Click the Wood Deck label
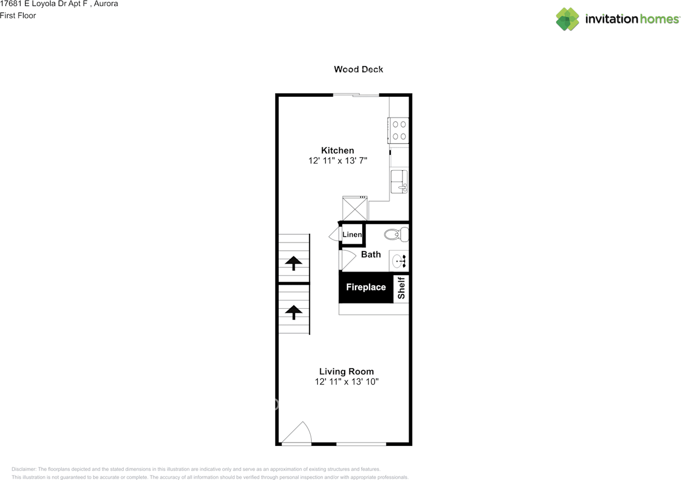pos(358,69)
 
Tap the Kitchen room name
pos(337,151)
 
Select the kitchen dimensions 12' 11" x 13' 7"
pos(337,161)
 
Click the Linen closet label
pos(352,235)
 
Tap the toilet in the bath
pos(396,234)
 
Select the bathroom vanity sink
pos(398,261)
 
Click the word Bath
pos(371,254)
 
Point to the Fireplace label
pos(366,287)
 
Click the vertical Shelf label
pos(402,288)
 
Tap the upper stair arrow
pos(293,262)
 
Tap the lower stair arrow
pos(293,311)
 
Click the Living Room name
pos(346,371)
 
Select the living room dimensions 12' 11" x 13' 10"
pos(346,382)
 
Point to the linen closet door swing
pos(335,234)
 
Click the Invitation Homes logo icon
pos(568,19)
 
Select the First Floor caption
pos(18,15)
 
